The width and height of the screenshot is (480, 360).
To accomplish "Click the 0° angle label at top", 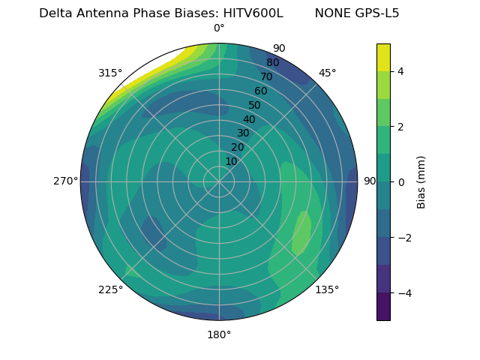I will pos(219,28).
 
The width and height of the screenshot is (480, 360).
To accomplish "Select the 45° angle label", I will pos(327,73).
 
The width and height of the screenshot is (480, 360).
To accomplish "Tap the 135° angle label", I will pos(327,289).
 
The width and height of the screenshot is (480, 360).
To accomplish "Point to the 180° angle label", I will pos(219,334).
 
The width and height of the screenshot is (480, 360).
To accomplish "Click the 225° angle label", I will pos(110,289).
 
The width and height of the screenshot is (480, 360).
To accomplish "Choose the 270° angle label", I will pos(66,181).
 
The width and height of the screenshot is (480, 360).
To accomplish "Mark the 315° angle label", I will pos(110,73).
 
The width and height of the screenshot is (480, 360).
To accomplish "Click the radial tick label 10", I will pos(232,161).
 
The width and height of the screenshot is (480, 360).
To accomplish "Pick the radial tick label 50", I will pos(255,106).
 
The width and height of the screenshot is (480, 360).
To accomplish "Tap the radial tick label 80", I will pos(273,62).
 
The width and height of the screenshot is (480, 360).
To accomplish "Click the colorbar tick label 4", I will pos(400,71).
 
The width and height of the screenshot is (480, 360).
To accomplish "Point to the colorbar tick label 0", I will pos(400,182).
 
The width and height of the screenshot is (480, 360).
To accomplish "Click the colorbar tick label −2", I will pos(403,238).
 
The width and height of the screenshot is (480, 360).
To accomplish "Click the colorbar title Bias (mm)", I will pos(421,182).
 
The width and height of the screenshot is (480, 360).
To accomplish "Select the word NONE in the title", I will pos(330,13).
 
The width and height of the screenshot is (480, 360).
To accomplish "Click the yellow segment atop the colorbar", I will pos(383,57).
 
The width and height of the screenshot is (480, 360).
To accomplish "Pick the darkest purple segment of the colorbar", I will pos(383,307).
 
